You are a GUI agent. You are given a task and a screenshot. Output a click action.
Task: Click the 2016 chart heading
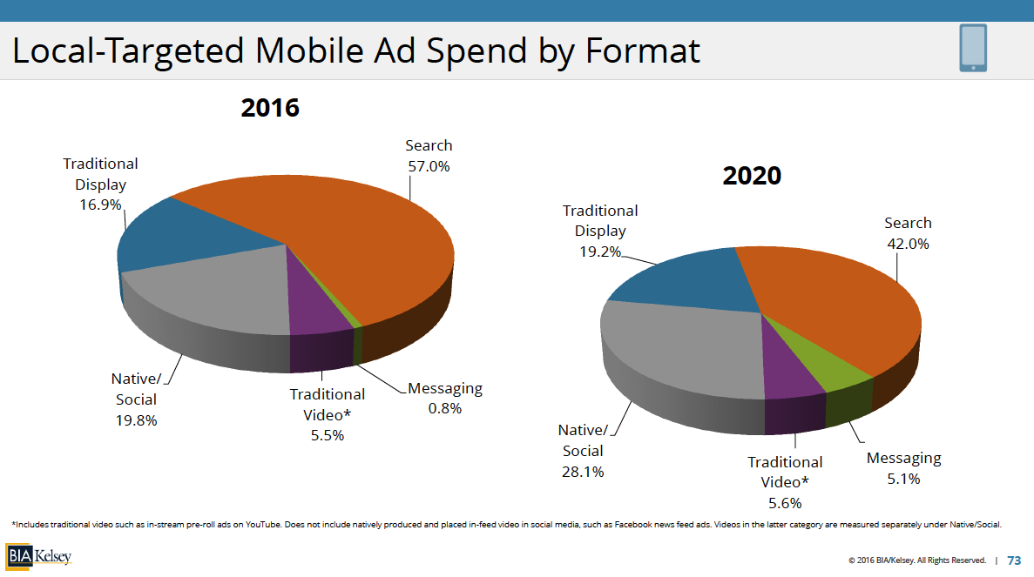click(x=270, y=108)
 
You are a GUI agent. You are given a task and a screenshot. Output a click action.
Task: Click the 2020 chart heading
click(x=752, y=175)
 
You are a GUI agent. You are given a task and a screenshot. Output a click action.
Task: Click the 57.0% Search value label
click(x=428, y=166)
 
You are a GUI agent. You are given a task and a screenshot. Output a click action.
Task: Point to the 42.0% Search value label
click(x=908, y=244)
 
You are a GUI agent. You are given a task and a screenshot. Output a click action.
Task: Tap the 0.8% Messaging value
click(x=444, y=408)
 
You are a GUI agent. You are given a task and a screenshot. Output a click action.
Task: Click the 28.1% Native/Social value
click(x=583, y=472)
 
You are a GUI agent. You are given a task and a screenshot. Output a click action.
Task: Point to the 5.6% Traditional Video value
click(x=785, y=502)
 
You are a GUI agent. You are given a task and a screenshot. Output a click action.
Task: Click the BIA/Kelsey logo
click(x=39, y=555)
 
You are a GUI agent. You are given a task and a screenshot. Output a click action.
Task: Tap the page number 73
click(x=1014, y=560)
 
